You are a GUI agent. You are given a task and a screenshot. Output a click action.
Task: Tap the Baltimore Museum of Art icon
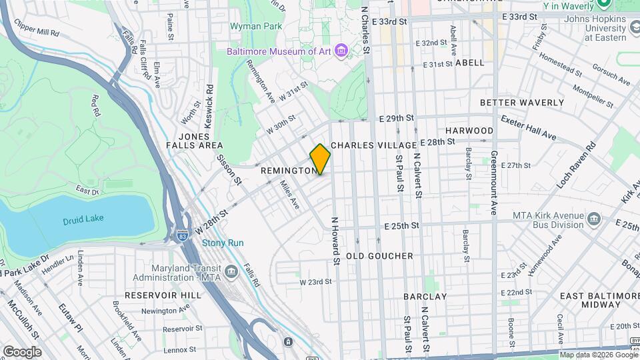(x=341, y=51)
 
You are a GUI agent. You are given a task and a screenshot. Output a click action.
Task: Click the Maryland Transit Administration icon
(x=231, y=271)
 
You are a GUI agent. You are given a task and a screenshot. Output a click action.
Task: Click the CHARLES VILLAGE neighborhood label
(x=373, y=145)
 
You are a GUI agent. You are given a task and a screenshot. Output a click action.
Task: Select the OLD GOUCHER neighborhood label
(x=379, y=256)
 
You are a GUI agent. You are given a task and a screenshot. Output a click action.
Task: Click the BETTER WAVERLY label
(x=521, y=103)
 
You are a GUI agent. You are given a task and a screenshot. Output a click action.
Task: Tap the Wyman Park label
(x=255, y=26)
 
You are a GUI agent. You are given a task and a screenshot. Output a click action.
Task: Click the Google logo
(x=22, y=351)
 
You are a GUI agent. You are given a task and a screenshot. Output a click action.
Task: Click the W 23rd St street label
(x=315, y=282)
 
